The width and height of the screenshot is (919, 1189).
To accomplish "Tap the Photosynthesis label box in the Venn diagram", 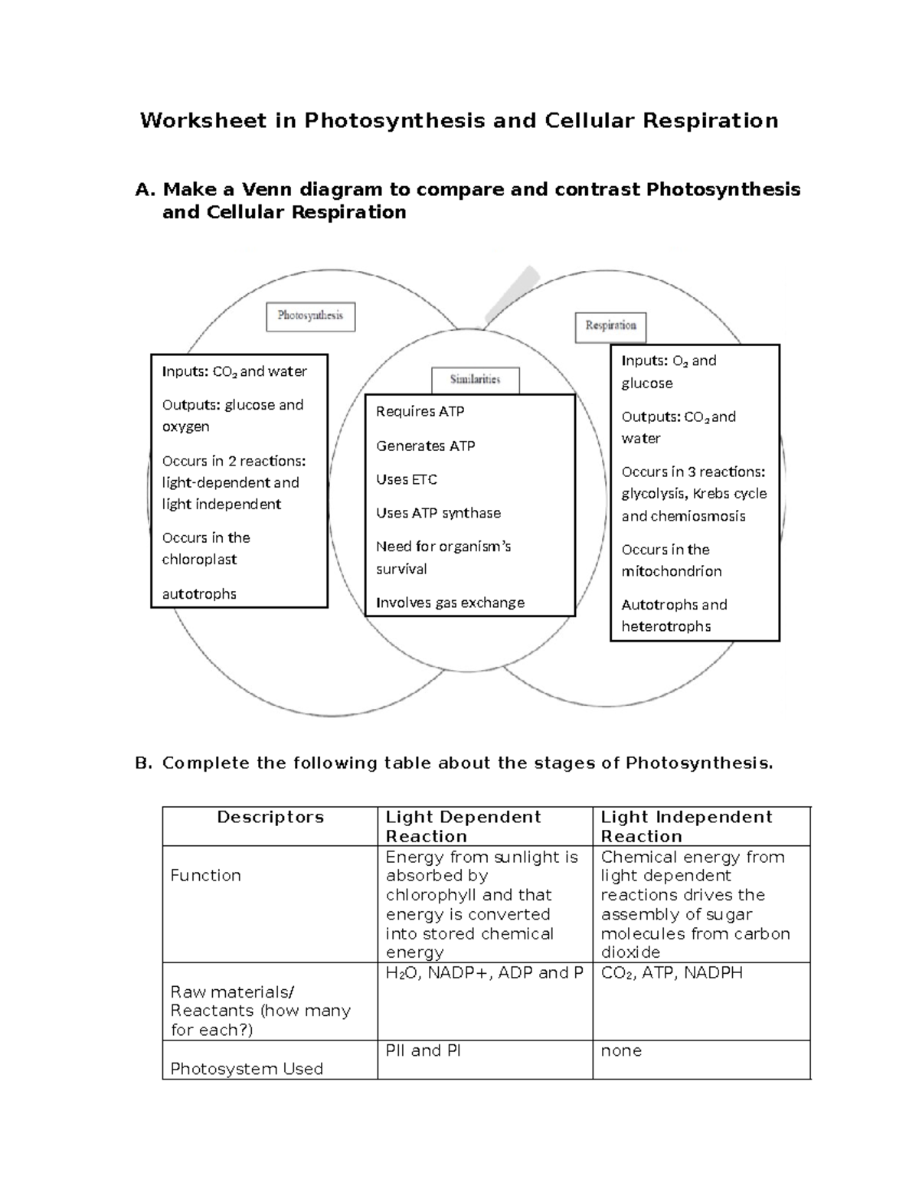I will pos(310,316).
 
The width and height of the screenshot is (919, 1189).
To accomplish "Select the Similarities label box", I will pos(475,380).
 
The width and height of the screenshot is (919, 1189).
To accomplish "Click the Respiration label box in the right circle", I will pos(610,326).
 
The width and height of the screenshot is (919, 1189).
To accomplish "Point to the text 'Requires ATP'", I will pos(420,412).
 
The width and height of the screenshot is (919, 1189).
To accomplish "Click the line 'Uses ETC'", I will pos(407,480).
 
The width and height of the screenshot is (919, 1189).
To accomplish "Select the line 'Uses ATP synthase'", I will pos(438,514).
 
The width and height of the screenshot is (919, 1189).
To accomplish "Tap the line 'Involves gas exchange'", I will pos(450,603).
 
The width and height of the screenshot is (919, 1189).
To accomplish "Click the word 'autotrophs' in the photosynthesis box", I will pos(199,594).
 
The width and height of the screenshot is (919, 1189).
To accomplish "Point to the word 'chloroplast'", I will pos(199,560).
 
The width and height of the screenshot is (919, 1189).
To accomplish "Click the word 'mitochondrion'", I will pos(671,572).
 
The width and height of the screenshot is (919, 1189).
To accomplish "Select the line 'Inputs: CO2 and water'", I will pos(234,372).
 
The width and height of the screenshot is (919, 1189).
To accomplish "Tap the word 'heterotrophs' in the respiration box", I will pos(666,627).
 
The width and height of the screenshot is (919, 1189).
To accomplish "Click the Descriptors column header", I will pos(270,818).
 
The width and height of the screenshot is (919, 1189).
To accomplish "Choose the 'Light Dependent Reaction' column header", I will pos(463,827).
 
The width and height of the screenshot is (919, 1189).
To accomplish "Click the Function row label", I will pos(205,876).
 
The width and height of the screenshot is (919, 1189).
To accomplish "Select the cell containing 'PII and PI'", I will pos(424,1051).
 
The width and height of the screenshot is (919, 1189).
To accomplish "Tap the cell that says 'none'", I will pos(621,1051).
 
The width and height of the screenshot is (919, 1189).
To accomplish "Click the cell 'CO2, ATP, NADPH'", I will pos(672,973).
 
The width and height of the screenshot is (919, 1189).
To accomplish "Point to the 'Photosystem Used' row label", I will pos(247,1069).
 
